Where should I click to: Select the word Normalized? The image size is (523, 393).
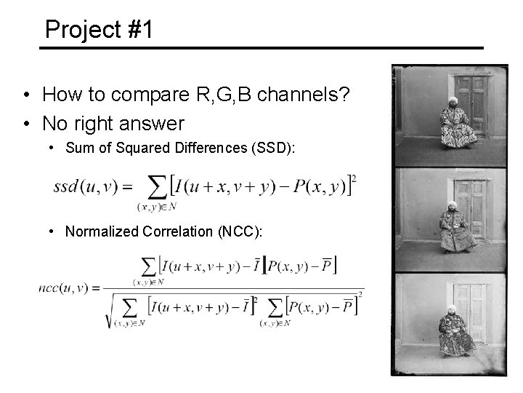tap(97, 231)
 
